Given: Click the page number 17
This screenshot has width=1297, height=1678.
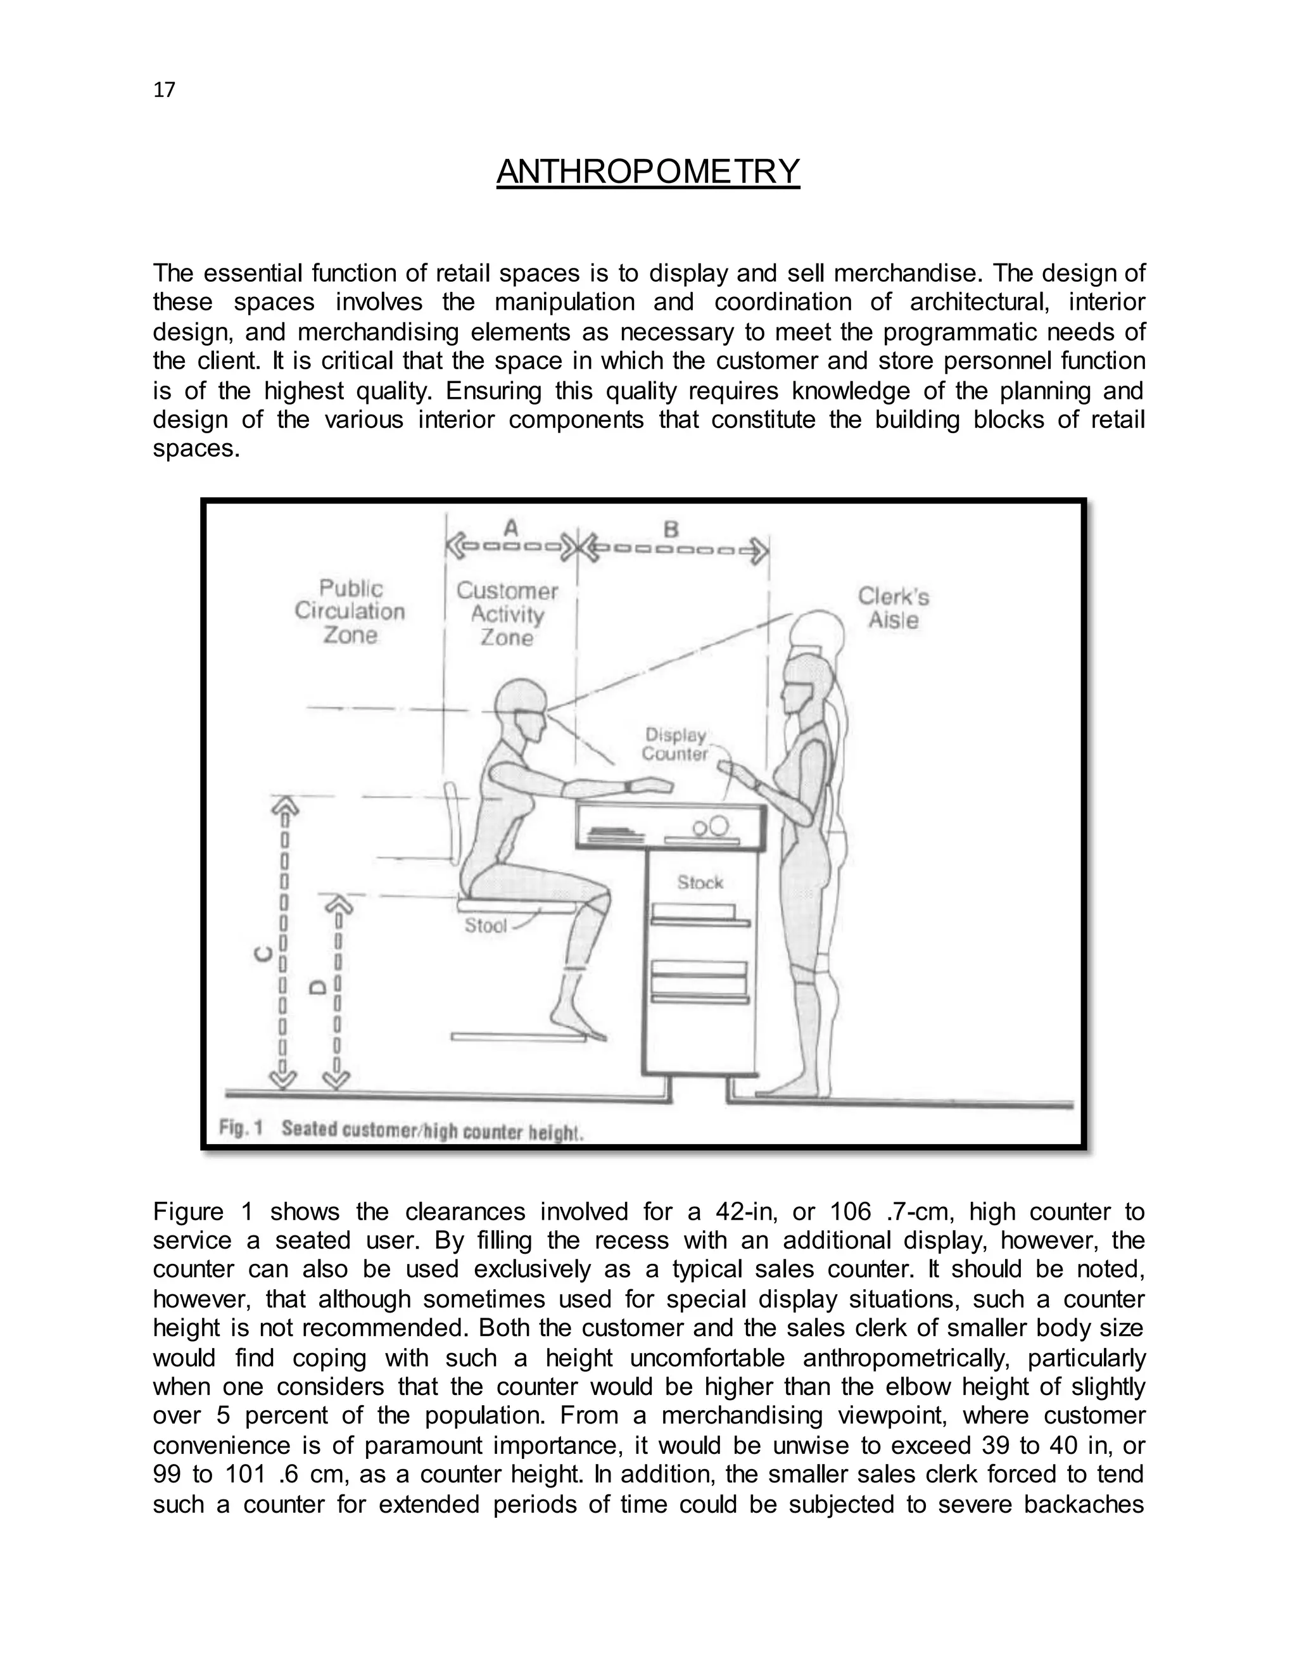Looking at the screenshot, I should click(165, 91).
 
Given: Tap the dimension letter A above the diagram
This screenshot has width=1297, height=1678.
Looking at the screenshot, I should click(511, 528).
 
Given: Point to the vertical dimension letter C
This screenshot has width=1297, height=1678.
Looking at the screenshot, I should click(263, 954).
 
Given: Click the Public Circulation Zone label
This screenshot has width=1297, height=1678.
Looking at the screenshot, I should click(350, 612).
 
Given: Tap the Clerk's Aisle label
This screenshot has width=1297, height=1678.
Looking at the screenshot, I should click(893, 608).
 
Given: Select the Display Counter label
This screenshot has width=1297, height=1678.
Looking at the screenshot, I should click(675, 744).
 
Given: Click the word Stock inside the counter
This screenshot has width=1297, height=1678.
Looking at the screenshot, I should click(700, 883).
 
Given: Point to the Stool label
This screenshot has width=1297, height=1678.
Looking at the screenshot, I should click(486, 926).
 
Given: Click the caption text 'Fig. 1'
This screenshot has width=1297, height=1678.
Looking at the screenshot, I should click(241, 1128).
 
